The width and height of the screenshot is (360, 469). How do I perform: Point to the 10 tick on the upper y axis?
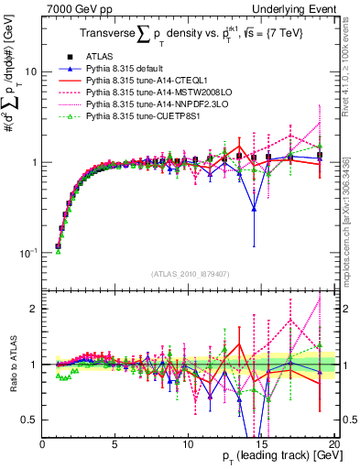point(31,71)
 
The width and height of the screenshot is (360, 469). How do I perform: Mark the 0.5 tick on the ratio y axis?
point(30,420)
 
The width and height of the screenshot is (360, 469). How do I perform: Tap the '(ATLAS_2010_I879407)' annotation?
point(191,274)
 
